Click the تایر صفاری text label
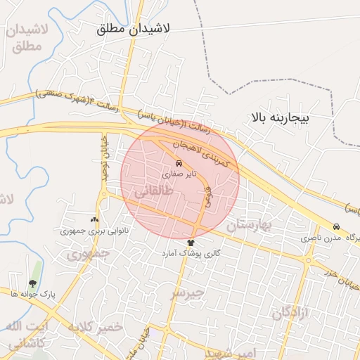pos(176,172)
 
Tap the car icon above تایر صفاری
pos(179,162)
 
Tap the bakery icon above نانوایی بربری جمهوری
pos(95,220)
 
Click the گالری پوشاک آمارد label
pos(191,252)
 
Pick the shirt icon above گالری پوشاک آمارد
pos(191,243)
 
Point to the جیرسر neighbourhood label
pos(188,291)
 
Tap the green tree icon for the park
pos(34,283)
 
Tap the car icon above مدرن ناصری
pos(337,227)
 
